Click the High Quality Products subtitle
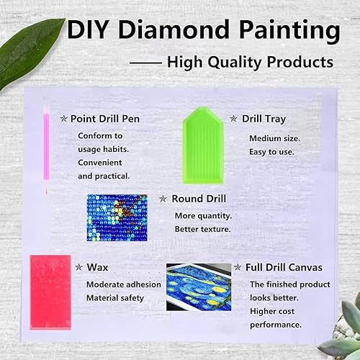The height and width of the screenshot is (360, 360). (x=250, y=62)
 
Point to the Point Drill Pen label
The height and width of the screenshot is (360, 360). (x=104, y=118)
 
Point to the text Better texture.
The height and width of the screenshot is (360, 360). (x=202, y=229)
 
